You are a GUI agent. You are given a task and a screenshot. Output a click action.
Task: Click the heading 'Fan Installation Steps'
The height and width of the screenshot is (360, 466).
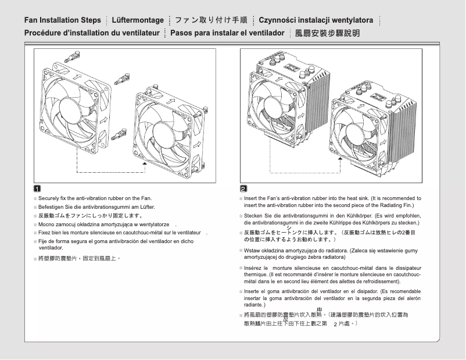(x=62, y=20)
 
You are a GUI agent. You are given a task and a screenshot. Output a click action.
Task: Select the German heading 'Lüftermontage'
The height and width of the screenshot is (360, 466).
(x=137, y=20)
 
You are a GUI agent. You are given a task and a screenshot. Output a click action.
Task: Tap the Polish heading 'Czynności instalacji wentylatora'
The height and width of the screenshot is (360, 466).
(x=316, y=20)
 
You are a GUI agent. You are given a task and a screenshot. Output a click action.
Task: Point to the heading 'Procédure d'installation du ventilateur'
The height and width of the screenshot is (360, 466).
(x=92, y=33)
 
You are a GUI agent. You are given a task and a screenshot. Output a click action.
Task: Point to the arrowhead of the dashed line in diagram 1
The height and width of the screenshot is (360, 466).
(x=144, y=165)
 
